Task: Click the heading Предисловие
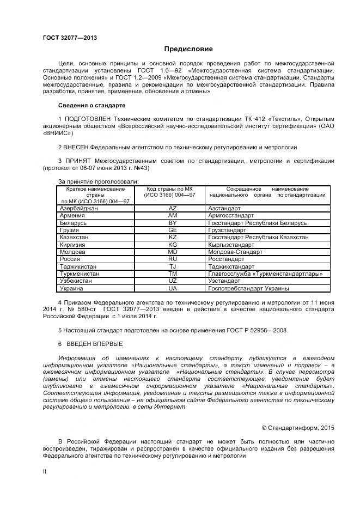pyautogui.click(x=181, y=49)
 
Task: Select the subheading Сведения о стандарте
pyautogui.click(x=91, y=105)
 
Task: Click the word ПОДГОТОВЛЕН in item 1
pyautogui.click(x=89, y=119)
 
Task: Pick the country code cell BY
pyautogui.click(x=173, y=223)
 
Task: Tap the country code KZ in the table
pyautogui.click(x=173, y=238)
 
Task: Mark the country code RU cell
pyautogui.click(x=173, y=259)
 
